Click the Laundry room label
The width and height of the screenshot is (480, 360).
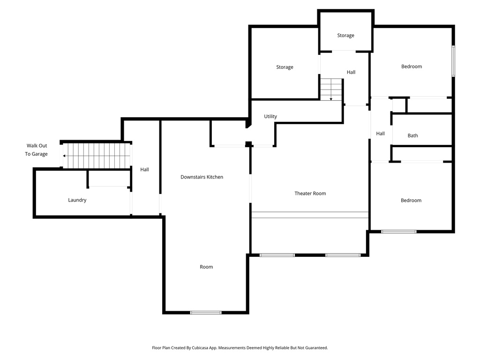click(x=77, y=200)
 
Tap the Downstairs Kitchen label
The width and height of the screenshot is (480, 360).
click(x=202, y=177)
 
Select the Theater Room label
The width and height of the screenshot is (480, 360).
click(x=310, y=194)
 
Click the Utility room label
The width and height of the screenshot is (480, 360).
click(x=270, y=117)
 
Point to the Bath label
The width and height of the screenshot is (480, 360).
click(x=412, y=136)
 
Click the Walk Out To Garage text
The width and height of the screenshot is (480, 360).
click(x=37, y=150)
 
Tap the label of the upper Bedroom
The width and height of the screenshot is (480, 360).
click(x=411, y=67)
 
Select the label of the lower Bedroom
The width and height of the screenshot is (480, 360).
click(x=411, y=201)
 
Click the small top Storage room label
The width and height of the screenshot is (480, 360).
click(x=345, y=36)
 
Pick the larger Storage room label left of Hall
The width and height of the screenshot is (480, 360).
click(x=285, y=67)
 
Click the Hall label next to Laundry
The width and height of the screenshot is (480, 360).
click(x=144, y=170)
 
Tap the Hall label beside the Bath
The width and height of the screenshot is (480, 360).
click(x=380, y=134)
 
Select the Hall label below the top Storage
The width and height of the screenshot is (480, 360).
click(x=351, y=72)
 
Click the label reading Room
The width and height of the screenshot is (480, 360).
click(x=206, y=267)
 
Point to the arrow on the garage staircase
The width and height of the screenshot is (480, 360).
click(x=65, y=156)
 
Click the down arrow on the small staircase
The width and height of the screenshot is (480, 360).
click(x=331, y=98)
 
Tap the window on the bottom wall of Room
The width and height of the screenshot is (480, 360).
click(x=206, y=312)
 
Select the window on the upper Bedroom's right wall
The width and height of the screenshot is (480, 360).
click(x=453, y=61)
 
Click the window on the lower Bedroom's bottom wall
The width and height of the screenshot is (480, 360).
click(x=398, y=231)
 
